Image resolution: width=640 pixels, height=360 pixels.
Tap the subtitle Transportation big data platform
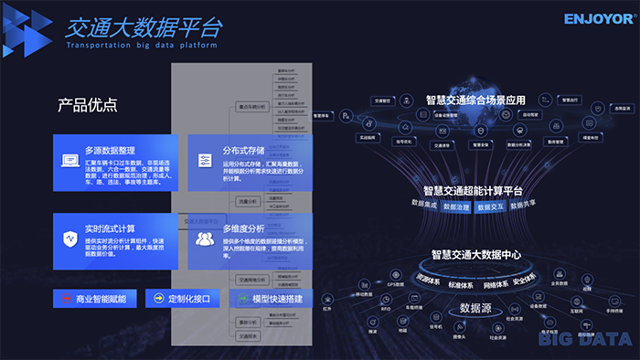pos(143,44)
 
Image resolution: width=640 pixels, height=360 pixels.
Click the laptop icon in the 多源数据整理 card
pos(69,162)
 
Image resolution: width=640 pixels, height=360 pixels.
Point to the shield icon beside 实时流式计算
pos(69,239)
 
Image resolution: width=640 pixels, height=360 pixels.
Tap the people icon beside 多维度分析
pos(204,239)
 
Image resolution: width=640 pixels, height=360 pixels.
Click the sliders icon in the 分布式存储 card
pos(204,162)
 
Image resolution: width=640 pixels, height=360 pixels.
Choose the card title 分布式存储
pos(243,150)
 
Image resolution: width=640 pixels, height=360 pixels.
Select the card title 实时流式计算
pos(110,228)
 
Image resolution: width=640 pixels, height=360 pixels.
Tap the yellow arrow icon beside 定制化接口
pos(158,299)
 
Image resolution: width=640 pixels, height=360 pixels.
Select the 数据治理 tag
pos(455,206)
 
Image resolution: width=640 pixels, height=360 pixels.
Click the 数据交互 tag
pos(490,206)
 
